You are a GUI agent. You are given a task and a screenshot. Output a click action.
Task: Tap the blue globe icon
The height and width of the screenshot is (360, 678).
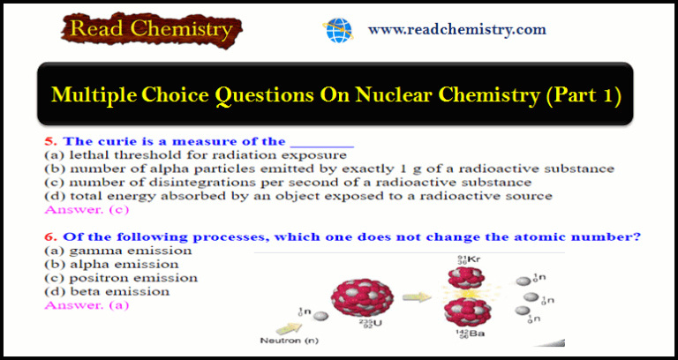(x=338, y=30)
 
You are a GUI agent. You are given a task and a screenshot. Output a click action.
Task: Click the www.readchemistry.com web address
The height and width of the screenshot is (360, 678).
(x=457, y=29)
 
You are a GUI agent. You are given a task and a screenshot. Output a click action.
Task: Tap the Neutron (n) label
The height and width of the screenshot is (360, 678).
(x=289, y=341)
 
